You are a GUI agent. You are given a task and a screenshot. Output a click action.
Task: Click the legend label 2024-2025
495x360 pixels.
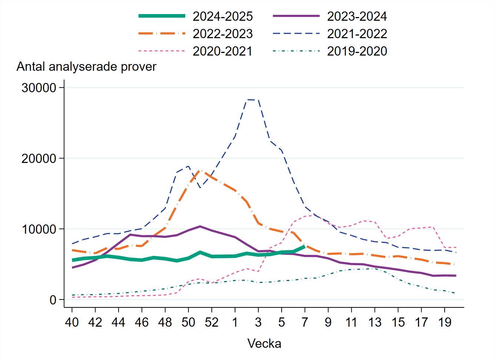point(222,16)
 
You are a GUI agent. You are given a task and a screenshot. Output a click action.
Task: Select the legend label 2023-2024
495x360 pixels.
point(357,16)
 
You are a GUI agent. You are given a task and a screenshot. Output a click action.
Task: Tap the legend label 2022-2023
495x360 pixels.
point(222,34)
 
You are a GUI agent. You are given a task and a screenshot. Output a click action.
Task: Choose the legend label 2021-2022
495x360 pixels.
point(357,34)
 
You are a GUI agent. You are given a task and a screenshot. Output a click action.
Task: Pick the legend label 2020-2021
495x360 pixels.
point(222,51)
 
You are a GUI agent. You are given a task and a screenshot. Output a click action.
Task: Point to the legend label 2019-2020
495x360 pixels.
point(357,51)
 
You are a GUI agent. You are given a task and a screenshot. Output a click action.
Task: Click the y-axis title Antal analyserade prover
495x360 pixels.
point(86,67)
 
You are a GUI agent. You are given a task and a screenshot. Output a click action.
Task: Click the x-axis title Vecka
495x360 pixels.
point(264,344)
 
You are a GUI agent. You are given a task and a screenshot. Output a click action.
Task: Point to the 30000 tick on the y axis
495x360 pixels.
point(39,88)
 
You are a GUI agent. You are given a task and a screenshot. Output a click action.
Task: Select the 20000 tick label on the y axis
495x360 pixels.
point(39,159)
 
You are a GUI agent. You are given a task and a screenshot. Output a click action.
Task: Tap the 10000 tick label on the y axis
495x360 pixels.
point(39,229)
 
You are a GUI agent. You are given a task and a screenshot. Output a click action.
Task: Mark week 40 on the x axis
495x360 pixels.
point(72,323)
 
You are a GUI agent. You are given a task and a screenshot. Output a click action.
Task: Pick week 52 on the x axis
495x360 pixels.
point(212,323)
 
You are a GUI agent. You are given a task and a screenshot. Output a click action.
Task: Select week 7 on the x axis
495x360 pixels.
point(305,323)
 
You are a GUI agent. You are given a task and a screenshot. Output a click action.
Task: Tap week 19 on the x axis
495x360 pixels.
point(445,323)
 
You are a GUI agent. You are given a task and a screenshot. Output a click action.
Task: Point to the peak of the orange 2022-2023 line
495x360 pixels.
point(200,170)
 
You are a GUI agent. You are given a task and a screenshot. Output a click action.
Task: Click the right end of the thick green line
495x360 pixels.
point(305,246)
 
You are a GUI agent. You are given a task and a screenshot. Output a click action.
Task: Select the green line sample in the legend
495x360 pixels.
point(162,16)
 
